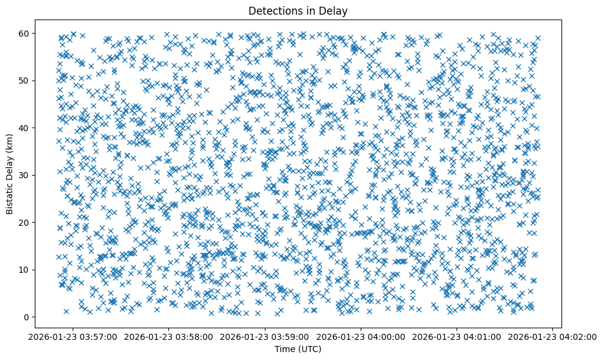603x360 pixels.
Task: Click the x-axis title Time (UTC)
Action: tap(298, 349)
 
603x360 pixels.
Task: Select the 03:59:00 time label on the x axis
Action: tap(265, 336)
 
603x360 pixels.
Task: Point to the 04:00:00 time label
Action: tap(361, 336)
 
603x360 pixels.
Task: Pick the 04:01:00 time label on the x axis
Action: tap(457, 336)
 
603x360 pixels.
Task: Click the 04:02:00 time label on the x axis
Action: tap(553, 336)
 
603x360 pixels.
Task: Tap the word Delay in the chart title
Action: tap(335, 10)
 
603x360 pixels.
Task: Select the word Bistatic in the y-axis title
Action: tap(10, 196)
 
